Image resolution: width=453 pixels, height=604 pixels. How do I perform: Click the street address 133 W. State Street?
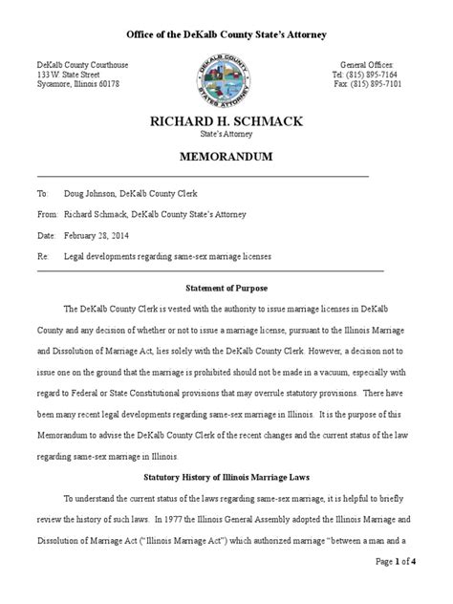[x=68, y=74]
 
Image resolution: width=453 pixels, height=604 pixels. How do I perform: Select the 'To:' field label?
[x=42, y=192]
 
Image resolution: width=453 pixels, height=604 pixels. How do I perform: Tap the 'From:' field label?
[x=46, y=214]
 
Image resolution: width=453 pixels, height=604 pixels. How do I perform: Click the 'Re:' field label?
[x=42, y=257]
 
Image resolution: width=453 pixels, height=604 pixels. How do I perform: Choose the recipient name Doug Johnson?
[x=92, y=192]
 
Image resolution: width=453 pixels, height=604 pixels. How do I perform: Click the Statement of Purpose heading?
[x=226, y=287]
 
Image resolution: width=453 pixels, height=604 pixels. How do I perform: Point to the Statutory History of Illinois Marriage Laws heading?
[x=226, y=476]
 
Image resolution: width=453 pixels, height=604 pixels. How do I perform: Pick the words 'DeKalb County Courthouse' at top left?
[x=83, y=63]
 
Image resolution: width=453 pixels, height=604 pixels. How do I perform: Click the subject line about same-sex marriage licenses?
[x=168, y=257]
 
